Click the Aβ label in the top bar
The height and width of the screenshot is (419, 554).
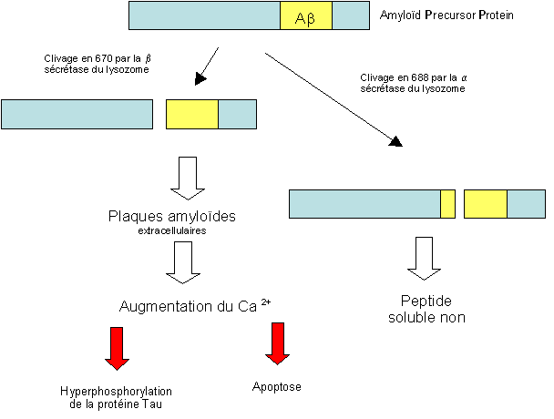coord(306,16)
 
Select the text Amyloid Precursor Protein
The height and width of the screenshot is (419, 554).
coord(446,15)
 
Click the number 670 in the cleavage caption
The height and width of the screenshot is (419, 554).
coord(87,57)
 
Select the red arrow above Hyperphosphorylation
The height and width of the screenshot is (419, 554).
coord(118,346)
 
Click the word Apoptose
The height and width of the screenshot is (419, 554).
coord(276,387)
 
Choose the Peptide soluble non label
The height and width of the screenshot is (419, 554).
coord(426,309)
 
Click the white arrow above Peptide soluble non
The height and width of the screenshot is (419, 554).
coord(424,259)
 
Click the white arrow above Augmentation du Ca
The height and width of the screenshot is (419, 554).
coord(186,265)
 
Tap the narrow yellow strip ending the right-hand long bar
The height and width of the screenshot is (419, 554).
coord(448,204)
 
